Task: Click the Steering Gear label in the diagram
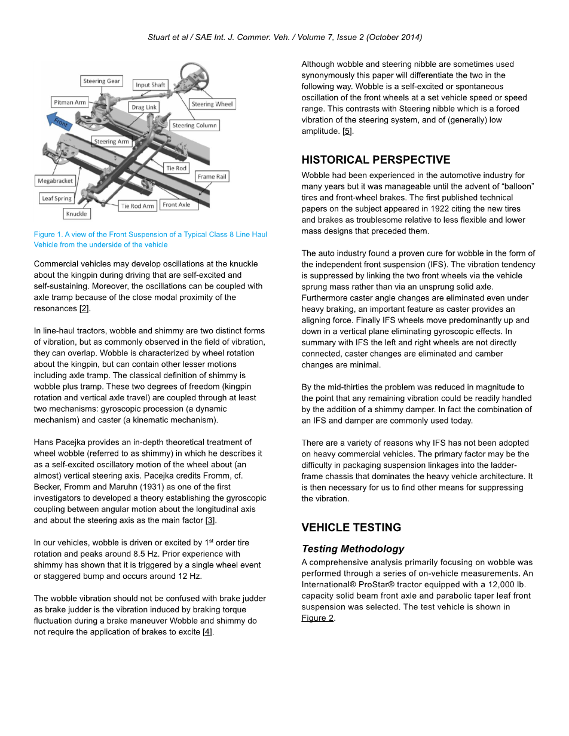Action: coord(102,81)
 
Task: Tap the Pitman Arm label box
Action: coord(70,103)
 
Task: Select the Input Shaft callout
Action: coord(150,85)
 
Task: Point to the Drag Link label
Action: coord(144,108)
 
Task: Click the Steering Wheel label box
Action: coord(212,104)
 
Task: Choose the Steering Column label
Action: coord(195,125)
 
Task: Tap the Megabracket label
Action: coord(56,180)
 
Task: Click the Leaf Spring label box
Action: coord(57,198)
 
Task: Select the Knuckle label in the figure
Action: coord(77,213)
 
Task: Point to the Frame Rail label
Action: coord(212,177)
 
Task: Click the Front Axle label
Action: coord(176,204)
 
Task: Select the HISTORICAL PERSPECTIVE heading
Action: coord(376,160)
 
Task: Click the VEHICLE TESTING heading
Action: coord(351,528)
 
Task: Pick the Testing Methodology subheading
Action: coord(353,549)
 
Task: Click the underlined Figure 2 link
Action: coord(317,618)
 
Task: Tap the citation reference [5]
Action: coord(347,131)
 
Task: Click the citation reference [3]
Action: coord(210,520)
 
